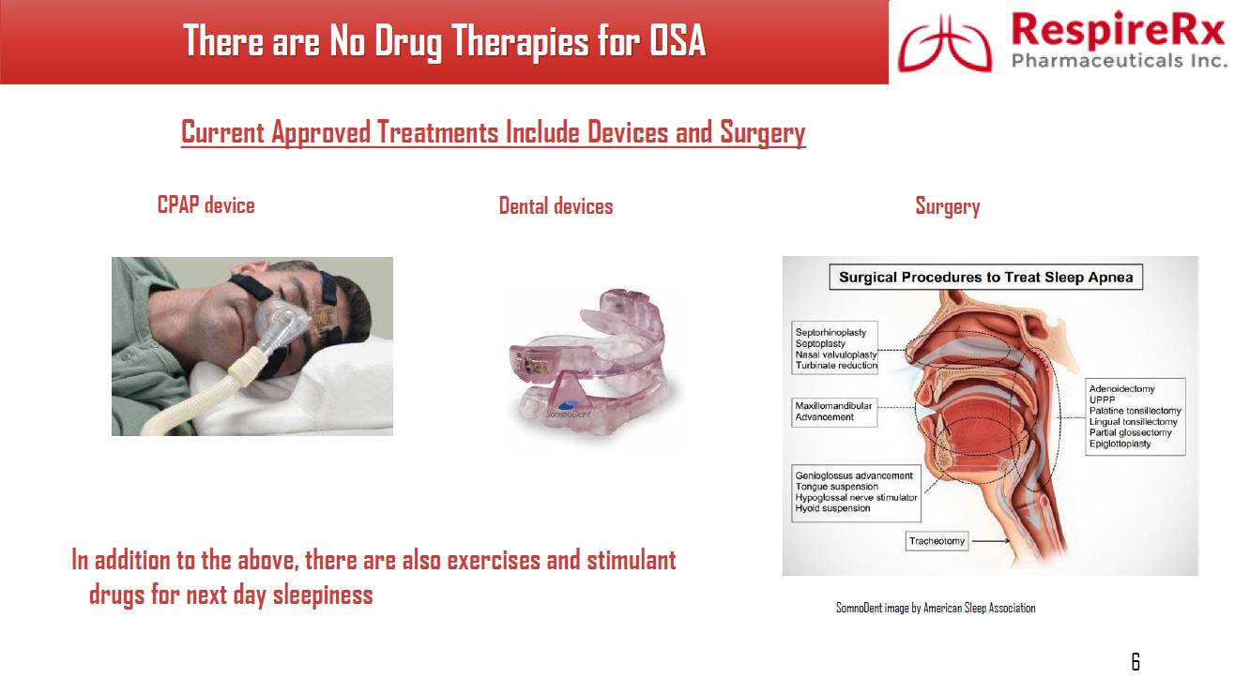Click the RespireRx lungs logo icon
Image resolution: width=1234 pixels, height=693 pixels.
945,44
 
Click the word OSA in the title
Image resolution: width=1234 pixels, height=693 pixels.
677,40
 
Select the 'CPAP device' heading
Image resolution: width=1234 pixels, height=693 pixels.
206,204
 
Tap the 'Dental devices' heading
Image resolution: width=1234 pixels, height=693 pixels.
556,206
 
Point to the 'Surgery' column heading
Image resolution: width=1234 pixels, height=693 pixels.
948,206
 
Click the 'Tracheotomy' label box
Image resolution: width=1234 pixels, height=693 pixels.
937,541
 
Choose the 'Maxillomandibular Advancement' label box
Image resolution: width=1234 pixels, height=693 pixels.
834,412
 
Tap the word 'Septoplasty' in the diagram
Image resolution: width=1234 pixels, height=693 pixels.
820,343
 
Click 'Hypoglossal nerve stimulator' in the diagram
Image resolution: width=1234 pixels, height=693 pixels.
856,498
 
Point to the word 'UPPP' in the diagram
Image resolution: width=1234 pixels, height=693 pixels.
1102,400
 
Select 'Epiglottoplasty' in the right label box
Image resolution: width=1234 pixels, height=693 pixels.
1120,444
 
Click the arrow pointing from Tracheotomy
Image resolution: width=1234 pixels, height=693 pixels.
990,541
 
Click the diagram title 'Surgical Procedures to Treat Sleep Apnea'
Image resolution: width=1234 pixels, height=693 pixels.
986,277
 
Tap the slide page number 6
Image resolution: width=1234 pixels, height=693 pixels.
1135,661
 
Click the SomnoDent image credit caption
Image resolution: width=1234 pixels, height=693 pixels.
936,608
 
